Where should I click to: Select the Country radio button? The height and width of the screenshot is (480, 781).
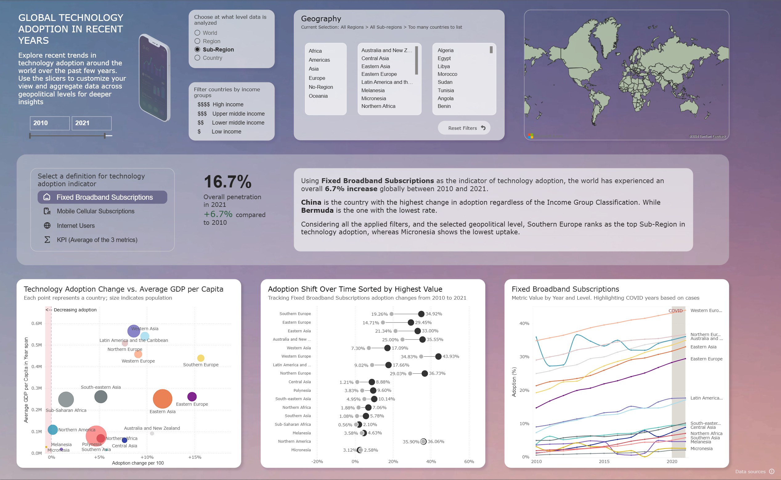(197, 58)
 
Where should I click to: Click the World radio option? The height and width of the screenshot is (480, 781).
(197, 33)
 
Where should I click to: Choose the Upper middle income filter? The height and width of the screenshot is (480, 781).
(238, 114)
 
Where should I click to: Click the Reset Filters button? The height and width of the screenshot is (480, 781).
(464, 128)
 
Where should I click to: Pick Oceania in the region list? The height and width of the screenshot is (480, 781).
(318, 96)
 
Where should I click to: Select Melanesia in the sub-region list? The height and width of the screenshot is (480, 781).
(373, 90)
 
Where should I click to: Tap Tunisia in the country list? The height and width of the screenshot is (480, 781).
(445, 90)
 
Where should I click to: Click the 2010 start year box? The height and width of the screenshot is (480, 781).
(50, 123)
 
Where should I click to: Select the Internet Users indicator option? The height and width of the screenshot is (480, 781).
(76, 226)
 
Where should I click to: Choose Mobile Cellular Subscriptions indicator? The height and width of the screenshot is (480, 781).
(96, 211)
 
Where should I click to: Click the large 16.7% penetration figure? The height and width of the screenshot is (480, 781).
(227, 182)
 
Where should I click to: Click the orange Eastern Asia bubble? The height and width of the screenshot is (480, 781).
(162, 399)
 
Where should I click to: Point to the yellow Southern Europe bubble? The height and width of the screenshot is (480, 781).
(201, 358)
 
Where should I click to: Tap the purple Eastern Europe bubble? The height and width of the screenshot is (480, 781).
(192, 396)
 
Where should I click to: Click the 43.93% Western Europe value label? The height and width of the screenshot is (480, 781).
(451, 356)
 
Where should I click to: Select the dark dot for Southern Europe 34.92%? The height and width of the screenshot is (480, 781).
(421, 314)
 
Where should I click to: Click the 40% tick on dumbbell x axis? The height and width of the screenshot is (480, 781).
(431, 462)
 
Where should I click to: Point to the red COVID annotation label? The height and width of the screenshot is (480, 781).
(675, 311)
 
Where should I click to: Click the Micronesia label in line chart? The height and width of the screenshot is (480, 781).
(702, 449)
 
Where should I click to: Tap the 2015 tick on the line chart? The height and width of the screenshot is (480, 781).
(604, 462)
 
